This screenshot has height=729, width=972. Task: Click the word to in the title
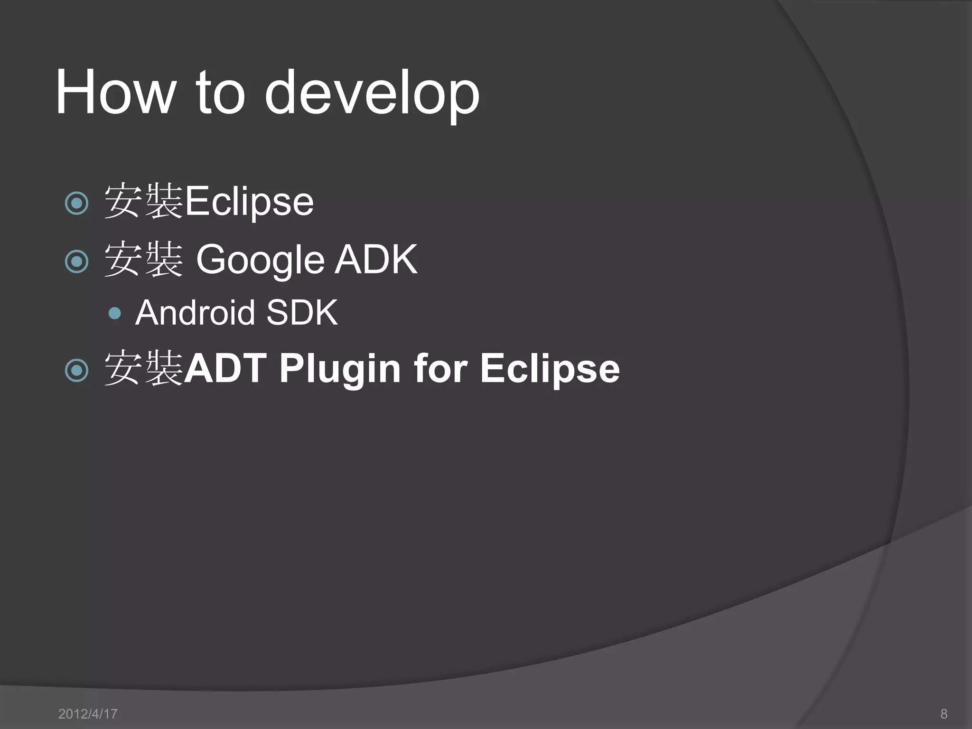click(220, 93)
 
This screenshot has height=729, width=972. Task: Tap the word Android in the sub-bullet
click(196, 313)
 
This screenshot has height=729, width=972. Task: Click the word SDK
click(302, 313)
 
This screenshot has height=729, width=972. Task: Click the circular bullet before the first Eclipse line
click(76, 204)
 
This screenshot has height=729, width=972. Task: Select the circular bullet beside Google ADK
click(76, 262)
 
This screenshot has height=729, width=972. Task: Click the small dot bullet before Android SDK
click(115, 313)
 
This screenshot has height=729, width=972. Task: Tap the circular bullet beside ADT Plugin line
click(76, 370)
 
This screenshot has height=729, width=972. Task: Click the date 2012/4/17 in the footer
click(88, 714)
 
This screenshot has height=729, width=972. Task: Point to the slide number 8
click(944, 714)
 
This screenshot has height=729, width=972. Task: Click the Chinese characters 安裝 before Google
click(143, 259)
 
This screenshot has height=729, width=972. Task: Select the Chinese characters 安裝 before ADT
click(143, 368)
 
